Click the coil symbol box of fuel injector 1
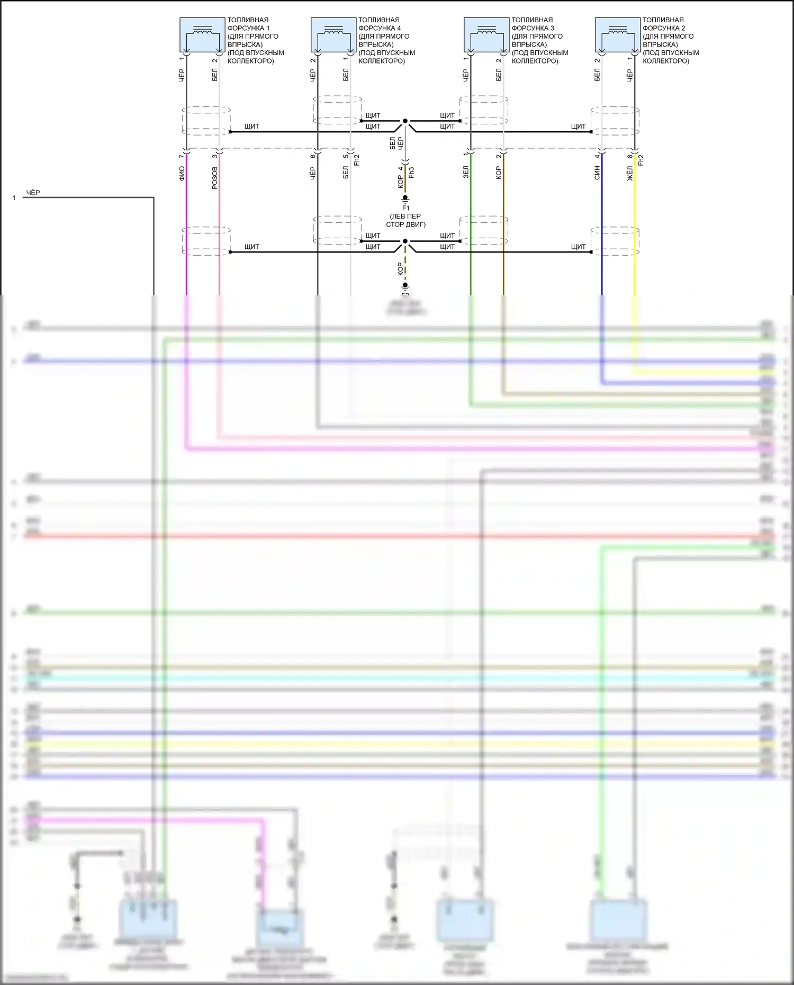click(x=202, y=34)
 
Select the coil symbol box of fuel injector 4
click(x=333, y=34)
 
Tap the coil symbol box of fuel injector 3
click(x=486, y=34)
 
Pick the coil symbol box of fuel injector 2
click(x=617, y=34)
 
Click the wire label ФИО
click(x=182, y=174)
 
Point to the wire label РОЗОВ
click(x=214, y=178)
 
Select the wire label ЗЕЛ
click(x=466, y=172)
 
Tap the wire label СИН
click(x=597, y=173)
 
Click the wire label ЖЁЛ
click(x=630, y=173)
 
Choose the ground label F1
click(x=405, y=208)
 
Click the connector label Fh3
click(x=411, y=172)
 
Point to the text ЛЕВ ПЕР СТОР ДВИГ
click(x=405, y=220)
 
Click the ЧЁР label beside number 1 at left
click(x=33, y=193)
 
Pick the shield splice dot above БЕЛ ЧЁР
click(x=405, y=121)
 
